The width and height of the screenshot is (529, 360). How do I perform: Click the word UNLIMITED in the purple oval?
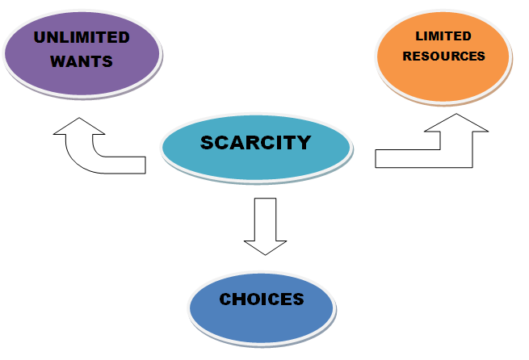pyautogui.click(x=82, y=37)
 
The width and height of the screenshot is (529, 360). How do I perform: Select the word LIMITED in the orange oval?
pyautogui.click(x=443, y=36)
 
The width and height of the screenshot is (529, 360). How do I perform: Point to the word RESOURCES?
pyautogui.click(x=443, y=57)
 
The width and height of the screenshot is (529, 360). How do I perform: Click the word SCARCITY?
pyautogui.click(x=255, y=143)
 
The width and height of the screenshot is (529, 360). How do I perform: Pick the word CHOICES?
pyautogui.click(x=262, y=299)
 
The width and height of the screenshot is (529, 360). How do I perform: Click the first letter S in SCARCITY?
pyautogui.click(x=208, y=144)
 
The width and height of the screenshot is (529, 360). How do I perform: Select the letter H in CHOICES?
pyautogui.click(x=241, y=299)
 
